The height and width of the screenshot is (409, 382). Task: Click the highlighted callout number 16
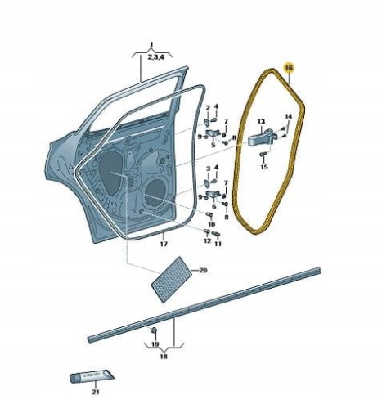point(289,67)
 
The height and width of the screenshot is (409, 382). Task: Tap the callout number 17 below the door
point(164,244)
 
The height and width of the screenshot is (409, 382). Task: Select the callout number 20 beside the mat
point(203,270)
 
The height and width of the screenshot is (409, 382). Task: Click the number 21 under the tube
point(96,392)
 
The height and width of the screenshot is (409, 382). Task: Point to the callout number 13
point(261,121)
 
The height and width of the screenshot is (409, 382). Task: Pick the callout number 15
point(264,167)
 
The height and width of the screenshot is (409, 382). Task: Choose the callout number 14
point(289,116)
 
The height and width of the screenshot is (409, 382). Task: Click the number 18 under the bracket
point(164,357)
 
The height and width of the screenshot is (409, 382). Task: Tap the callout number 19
point(155,344)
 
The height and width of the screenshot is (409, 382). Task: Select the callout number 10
point(212,224)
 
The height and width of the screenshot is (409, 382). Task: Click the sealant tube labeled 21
point(92,376)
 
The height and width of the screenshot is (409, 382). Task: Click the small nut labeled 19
point(154,330)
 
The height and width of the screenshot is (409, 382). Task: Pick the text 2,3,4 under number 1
point(156,57)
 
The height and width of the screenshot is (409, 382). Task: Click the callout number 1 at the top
point(152,44)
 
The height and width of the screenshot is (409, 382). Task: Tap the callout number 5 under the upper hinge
point(213,146)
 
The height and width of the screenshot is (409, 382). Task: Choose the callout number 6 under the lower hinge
point(213,206)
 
